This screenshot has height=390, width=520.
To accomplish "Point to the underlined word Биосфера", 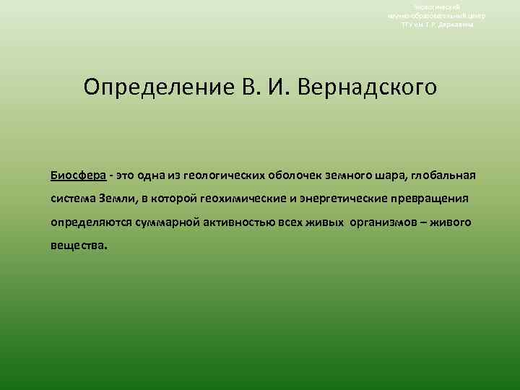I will tap(78, 175).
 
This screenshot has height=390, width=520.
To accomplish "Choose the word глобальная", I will tap(440, 175).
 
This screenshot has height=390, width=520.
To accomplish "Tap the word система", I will tap(72, 199).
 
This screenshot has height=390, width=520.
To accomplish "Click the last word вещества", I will tap(78, 245).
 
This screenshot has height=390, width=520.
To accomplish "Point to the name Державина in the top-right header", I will tap(457, 24).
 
